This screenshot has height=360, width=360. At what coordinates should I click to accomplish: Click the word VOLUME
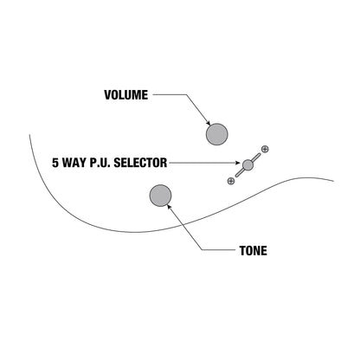(126, 95)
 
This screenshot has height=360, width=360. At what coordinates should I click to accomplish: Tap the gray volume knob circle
(217, 134)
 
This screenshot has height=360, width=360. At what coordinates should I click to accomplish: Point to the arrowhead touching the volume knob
(208, 123)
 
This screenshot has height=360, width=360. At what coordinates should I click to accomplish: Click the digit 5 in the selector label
(55, 163)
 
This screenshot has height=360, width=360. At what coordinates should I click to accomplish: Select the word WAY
(74, 163)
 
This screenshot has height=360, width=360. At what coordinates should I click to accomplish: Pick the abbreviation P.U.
(100, 163)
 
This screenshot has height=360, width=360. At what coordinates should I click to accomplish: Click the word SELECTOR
(140, 163)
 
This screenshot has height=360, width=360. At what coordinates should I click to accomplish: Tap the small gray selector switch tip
(247, 164)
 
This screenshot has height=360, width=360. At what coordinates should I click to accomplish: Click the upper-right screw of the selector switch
(265, 149)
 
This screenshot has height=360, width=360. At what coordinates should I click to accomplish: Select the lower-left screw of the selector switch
(231, 181)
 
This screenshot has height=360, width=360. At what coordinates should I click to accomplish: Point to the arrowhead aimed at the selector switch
(238, 163)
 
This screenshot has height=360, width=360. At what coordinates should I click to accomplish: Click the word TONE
(254, 251)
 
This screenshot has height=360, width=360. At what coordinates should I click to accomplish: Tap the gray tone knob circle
(160, 196)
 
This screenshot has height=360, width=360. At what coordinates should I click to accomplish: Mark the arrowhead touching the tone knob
(170, 207)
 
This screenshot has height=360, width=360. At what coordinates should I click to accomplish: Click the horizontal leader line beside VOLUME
(170, 94)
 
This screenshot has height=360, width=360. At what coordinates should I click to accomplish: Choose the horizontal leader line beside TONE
(218, 250)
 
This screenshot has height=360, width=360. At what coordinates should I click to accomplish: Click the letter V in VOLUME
(108, 95)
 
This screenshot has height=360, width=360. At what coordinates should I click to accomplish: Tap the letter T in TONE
(243, 251)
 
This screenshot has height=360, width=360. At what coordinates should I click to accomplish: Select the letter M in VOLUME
(137, 95)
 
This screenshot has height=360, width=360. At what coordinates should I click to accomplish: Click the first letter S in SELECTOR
(117, 163)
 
